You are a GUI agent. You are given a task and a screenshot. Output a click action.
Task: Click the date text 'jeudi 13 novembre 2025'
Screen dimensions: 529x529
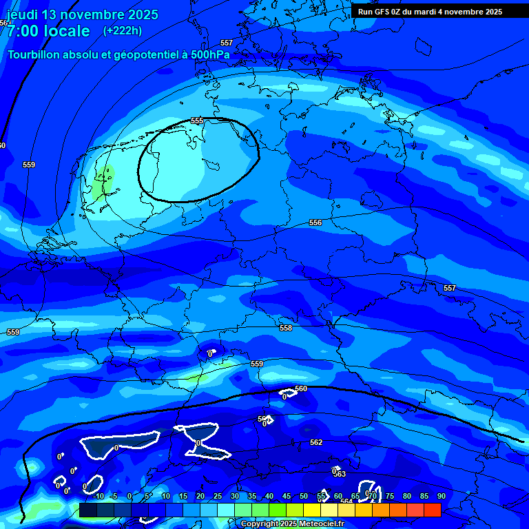coord(83,14)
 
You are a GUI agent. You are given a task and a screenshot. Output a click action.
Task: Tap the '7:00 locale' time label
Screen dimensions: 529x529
coord(48,31)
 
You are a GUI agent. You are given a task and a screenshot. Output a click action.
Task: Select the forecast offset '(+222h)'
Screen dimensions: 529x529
coord(123,30)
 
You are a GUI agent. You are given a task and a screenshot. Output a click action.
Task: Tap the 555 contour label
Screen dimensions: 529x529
coord(197,121)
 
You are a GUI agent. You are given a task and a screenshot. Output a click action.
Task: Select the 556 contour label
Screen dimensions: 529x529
coord(315,222)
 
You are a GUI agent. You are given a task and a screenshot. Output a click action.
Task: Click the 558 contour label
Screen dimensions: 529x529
coord(286,328)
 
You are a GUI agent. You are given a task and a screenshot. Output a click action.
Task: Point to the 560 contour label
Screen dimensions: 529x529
coord(301,388)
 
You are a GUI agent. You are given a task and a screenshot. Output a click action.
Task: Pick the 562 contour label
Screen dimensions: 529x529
coord(315,442)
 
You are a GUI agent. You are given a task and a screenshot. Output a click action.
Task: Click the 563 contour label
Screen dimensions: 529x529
coord(340,474)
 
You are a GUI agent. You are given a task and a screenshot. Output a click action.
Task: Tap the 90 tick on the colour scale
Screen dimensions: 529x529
coord(441,496)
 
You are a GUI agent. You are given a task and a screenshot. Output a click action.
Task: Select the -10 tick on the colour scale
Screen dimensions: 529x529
coord(98,496)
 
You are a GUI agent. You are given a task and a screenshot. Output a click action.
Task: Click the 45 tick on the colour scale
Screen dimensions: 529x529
coord(287,496)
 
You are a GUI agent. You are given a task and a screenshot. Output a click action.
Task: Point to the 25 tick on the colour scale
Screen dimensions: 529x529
coord(218,496)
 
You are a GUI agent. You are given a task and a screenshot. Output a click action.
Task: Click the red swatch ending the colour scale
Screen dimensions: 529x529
coord(432,510)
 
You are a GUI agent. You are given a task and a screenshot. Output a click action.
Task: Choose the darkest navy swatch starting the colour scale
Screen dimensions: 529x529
coord(87,510)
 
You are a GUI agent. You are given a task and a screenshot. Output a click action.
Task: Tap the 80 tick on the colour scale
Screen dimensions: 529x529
coord(407,496)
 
